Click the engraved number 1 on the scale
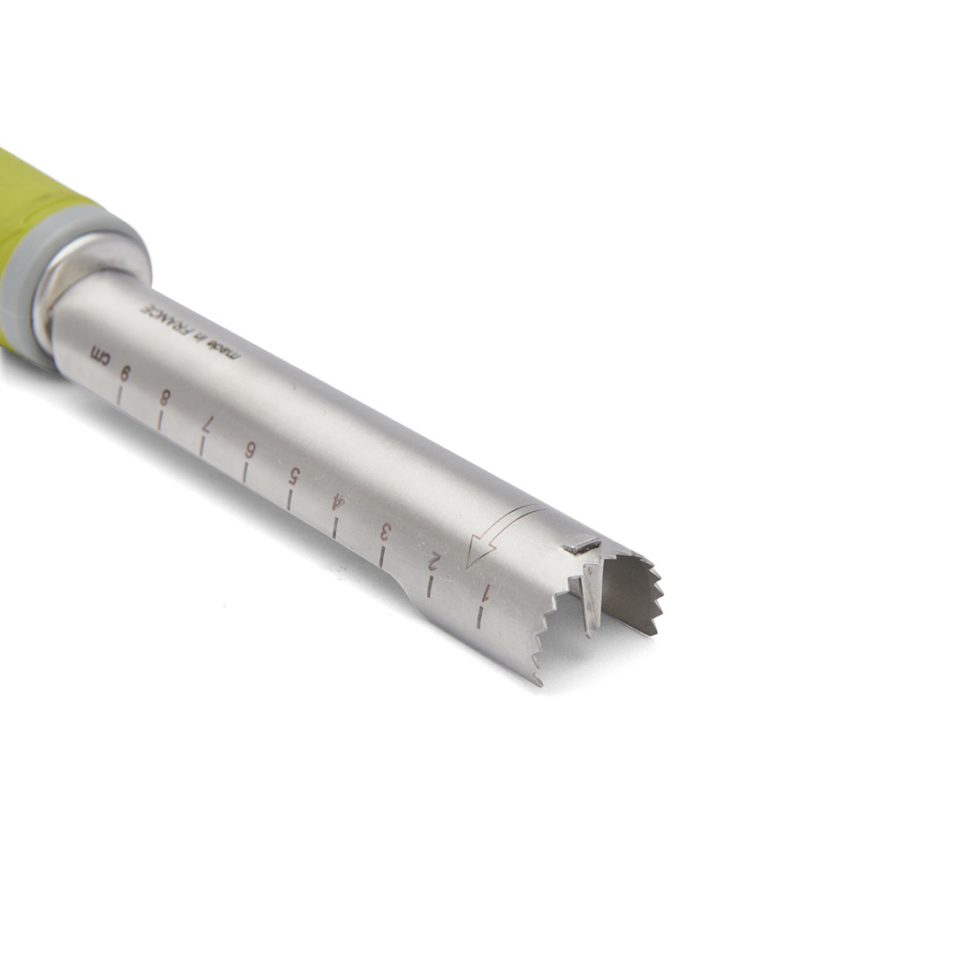(485, 592)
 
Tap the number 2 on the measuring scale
(434, 561)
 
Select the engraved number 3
(385, 532)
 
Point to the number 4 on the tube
(337, 503)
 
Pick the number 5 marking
(294, 475)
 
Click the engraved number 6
(250, 448)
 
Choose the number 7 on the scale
(207, 423)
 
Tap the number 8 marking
(164, 397)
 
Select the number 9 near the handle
(125, 373)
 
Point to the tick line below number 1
(480, 616)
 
